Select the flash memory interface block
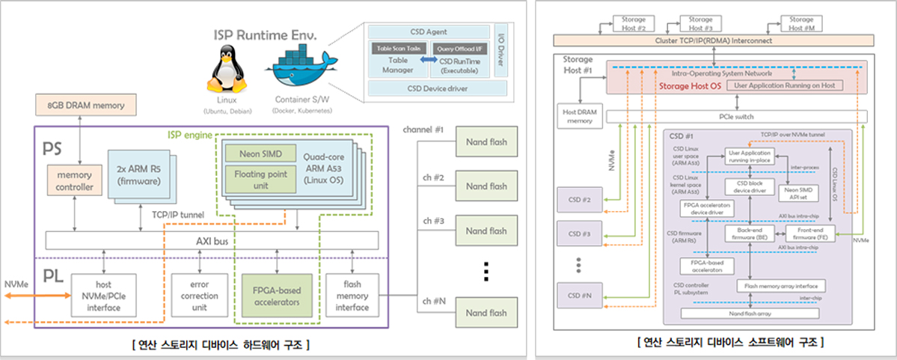tap(352, 295)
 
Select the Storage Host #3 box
tap(700, 22)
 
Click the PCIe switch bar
tap(736, 117)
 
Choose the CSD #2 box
tap(580, 200)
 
